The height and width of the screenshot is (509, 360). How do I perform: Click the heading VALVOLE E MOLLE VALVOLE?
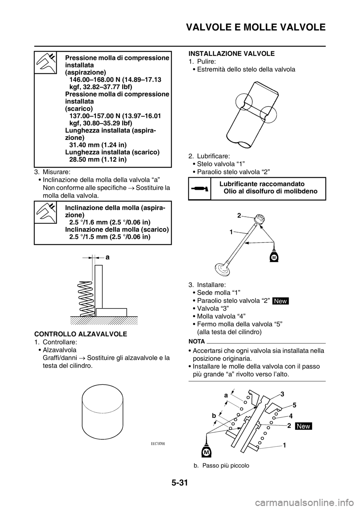256,27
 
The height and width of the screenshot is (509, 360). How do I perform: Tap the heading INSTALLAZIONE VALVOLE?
232,54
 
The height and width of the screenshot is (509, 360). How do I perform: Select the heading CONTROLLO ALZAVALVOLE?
81,334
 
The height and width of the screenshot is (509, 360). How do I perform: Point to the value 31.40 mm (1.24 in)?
98,145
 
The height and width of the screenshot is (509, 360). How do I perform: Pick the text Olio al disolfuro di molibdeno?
270,191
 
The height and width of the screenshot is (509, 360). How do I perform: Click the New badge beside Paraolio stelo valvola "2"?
280,301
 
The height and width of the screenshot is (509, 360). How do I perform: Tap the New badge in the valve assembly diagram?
303,426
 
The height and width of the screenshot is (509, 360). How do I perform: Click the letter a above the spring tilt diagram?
108,257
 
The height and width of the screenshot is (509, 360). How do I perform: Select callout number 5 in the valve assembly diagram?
294,405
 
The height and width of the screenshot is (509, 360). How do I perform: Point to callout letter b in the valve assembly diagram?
214,416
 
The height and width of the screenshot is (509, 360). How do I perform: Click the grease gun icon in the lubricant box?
199,189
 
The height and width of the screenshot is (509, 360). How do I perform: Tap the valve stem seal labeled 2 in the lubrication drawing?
260,219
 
